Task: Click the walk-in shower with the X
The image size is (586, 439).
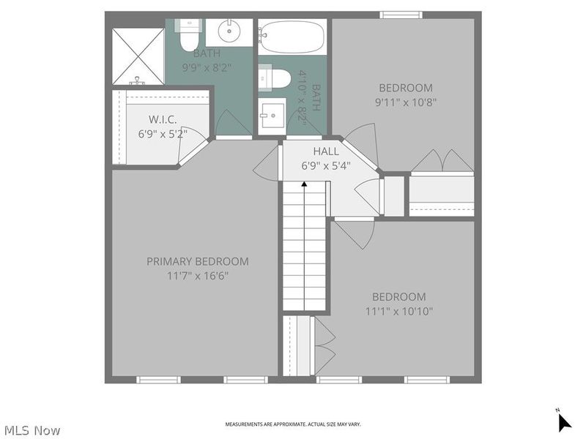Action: click(x=138, y=56)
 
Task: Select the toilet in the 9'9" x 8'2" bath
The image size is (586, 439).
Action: click(x=188, y=32)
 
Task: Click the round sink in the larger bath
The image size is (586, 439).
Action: click(x=230, y=31)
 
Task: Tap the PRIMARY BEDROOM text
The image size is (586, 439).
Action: click(x=197, y=261)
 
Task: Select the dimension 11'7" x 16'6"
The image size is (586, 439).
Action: click(x=197, y=276)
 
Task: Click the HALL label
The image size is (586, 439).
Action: click(x=326, y=151)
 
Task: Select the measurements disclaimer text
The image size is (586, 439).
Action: click(x=292, y=424)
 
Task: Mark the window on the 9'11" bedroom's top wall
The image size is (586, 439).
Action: click(x=401, y=15)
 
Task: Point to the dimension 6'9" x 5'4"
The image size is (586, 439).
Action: click(x=326, y=165)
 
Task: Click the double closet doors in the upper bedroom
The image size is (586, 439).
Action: click(x=442, y=162)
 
